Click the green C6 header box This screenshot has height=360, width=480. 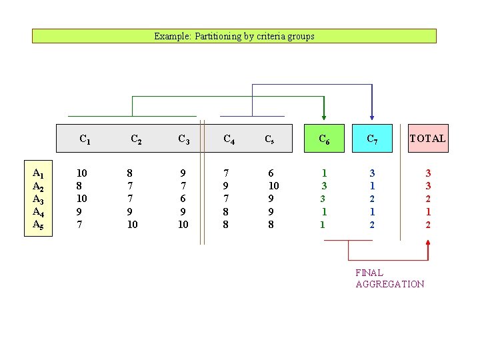click(323, 139)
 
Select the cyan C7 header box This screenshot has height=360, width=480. click(372, 139)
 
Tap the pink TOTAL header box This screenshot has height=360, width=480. click(428, 139)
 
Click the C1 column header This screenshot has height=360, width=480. click(85, 139)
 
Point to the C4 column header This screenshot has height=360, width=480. click(228, 139)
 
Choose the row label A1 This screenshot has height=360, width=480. click(38, 173)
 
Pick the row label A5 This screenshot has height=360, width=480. click(38, 225)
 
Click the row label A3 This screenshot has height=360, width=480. click(38, 199)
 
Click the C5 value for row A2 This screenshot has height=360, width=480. click(273, 186)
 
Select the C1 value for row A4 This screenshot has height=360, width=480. click(80, 212)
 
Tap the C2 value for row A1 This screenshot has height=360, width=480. click(129, 173)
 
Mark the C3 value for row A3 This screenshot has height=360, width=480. click(183, 199)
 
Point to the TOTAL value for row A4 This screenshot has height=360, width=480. click(428, 212)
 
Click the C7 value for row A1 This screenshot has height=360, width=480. click(372, 173)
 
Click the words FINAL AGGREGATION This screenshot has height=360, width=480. click(389, 278)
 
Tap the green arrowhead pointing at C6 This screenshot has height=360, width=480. click(323, 119)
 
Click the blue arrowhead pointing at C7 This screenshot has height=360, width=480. click(372, 118)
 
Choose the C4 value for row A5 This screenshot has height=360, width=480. click(225, 225)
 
